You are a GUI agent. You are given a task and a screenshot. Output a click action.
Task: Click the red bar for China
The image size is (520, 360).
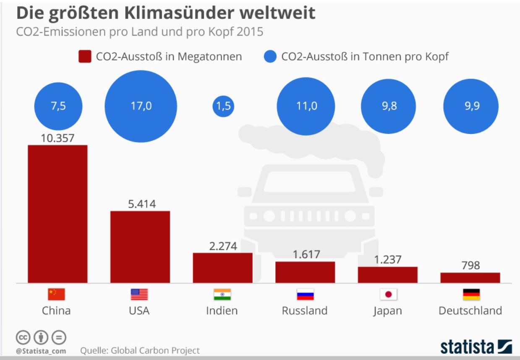click(57, 214)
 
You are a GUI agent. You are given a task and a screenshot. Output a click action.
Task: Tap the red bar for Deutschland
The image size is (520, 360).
click(470, 278)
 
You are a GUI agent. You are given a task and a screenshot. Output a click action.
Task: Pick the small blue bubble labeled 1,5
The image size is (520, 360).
click(223, 106)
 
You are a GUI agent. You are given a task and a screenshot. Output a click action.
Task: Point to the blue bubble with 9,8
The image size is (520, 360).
click(387, 106)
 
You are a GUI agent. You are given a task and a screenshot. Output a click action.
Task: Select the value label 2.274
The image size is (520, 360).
click(223, 246)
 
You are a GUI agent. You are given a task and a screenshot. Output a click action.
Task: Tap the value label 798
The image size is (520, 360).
click(470, 266)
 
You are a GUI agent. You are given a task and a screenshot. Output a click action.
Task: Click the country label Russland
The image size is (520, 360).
click(305, 311)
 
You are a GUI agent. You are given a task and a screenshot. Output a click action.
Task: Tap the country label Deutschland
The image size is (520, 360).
click(470, 311)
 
